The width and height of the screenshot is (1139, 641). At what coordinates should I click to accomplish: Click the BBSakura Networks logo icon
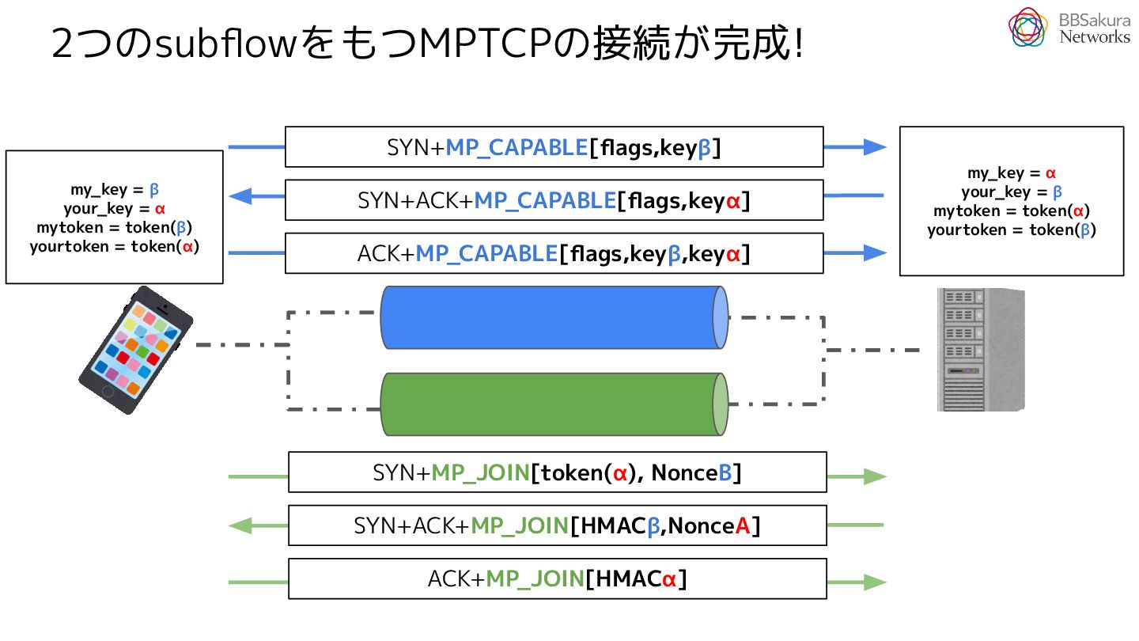[x=1027, y=28]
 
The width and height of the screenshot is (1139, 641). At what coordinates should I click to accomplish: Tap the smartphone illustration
[x=136, y=350]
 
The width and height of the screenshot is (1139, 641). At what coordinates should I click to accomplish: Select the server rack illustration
[x=981, y=350]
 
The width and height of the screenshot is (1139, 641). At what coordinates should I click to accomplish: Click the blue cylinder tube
[x=554, y=317]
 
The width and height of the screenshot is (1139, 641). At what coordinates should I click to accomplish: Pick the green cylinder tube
[x=554, y=404]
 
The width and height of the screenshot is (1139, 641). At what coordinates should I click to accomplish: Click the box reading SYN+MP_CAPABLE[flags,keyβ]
[x=554, y=147]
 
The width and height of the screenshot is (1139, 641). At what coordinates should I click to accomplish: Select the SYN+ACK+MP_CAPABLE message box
[x=554, y=200]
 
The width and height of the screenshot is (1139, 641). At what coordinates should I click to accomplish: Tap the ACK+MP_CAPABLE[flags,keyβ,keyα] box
[x=554, y=253]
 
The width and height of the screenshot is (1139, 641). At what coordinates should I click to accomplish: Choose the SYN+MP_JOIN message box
[x=558, y=472]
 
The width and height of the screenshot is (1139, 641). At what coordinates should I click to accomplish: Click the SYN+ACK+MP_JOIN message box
[x=558, y=525]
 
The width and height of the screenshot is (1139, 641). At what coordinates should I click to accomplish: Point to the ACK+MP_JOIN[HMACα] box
[x=558, y=579]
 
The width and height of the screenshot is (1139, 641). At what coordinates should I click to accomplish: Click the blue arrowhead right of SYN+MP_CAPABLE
[x=875, y=147]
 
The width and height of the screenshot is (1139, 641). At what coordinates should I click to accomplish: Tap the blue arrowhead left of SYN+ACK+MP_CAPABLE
[x=240, y=196]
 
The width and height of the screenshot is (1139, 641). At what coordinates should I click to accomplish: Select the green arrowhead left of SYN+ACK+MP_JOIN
[x=240, y=525]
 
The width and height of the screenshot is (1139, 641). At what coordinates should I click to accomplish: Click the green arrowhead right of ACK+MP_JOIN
[x=875, y=582]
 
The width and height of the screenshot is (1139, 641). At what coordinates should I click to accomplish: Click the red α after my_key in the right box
[x=1050, y=173]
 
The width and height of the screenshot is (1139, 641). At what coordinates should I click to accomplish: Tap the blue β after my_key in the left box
[x=154, y=190]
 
